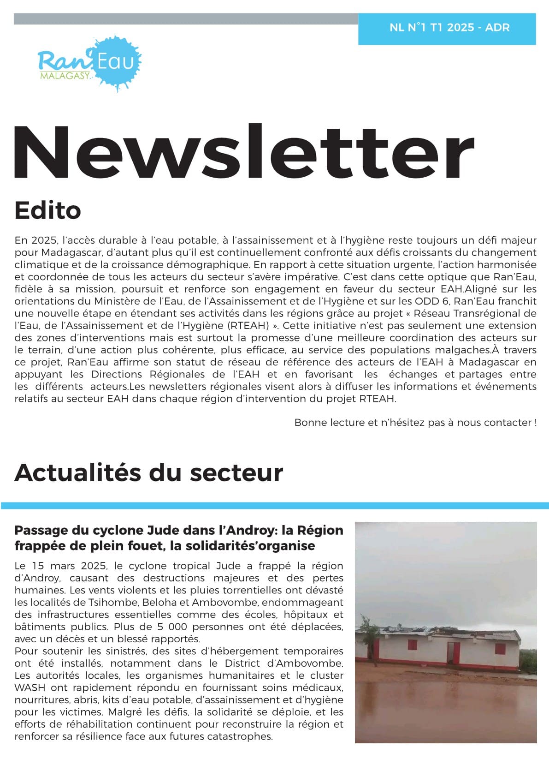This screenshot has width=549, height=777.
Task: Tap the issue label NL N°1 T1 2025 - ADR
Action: coord(449,28)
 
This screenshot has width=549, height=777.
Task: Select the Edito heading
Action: coord(47,210)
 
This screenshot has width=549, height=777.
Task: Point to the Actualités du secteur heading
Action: coord(148,473)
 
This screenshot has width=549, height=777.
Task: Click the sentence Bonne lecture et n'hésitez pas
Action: coord(415,422)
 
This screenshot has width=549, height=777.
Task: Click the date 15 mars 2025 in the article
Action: coord(68,566)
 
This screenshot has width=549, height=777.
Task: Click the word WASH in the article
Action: coord(30,687)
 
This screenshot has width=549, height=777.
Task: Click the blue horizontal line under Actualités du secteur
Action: coord(274,505)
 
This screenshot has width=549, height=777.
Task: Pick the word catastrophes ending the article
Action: coord(240,736)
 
